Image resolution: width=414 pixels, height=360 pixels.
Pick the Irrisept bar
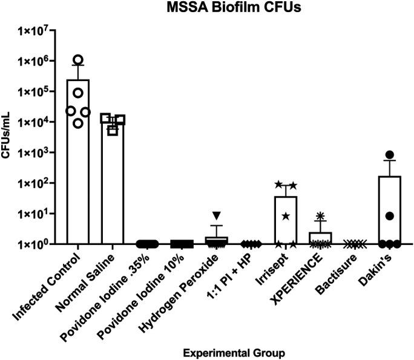285,221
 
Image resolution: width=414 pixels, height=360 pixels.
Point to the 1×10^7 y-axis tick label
37,30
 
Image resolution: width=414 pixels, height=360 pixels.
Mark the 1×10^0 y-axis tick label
37,244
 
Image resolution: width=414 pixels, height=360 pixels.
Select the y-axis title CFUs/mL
8,137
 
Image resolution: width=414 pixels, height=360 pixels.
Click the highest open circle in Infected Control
78,60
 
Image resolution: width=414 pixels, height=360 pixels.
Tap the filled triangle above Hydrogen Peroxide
216,215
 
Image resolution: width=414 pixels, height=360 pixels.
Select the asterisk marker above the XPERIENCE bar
320,215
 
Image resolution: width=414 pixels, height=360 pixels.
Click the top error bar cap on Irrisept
285,186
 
